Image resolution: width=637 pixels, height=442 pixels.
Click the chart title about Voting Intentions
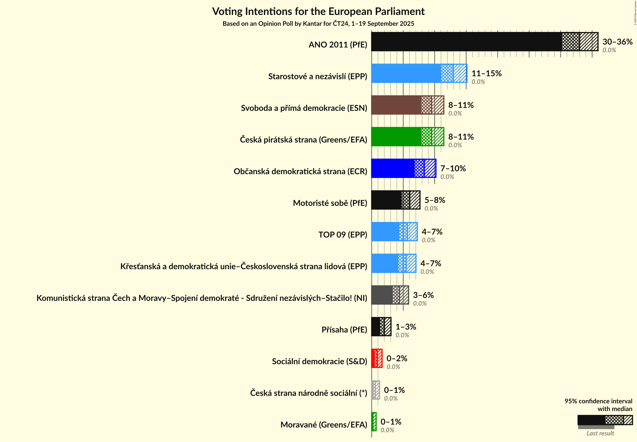pos(318,12)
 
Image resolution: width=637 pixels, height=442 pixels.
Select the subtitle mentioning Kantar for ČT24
pos(318,24)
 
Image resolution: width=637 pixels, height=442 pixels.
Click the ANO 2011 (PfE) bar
pos(471,42)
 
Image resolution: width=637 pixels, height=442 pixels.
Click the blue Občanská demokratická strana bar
pos(396,168)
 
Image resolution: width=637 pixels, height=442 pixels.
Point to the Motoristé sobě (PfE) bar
pos(388,200)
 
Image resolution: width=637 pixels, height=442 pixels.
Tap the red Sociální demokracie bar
pos(377,358)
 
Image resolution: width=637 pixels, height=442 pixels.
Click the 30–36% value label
pos(617,42)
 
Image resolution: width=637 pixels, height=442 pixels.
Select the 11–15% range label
pos(486,73)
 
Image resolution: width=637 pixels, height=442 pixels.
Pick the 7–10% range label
pos(453,168)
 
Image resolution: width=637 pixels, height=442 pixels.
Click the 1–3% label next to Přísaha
pos(406,327)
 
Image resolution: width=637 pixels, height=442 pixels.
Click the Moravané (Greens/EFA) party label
pos(323,425)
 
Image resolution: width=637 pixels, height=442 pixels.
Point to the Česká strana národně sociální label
pos(308,393)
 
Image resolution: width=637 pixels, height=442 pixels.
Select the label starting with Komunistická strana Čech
pos(202,298)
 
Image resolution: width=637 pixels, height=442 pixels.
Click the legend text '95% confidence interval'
pos(598,401)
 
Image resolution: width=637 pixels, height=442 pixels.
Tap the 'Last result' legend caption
pos(600,433)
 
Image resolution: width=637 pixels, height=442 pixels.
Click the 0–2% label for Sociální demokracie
pos(397,358)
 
